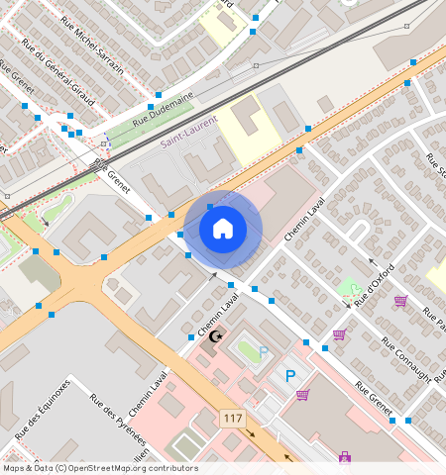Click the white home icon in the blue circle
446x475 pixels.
[223, 229]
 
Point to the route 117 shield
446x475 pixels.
[233, 419]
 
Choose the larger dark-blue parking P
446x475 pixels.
[290, 375]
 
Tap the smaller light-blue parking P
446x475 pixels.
[264, 351]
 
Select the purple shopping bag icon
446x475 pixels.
[344, 457]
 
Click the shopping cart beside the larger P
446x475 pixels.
[302, 394]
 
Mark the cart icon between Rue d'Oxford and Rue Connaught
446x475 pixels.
[339, 334]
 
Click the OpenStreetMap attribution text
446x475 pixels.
[99, 468]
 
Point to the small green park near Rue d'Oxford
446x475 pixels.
[347, 289]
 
